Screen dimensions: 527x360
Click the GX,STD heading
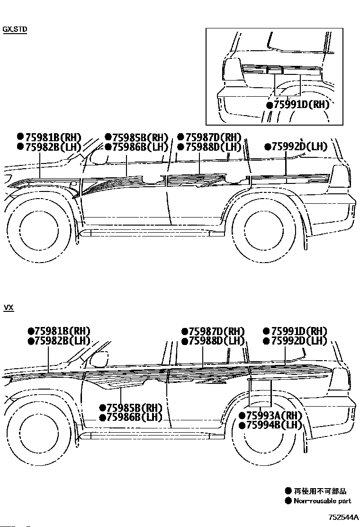[15, 29]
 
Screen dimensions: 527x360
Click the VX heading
[9, 308]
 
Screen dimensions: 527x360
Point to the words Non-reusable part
[322, 501]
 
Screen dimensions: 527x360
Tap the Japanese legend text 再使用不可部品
[320, 491]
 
